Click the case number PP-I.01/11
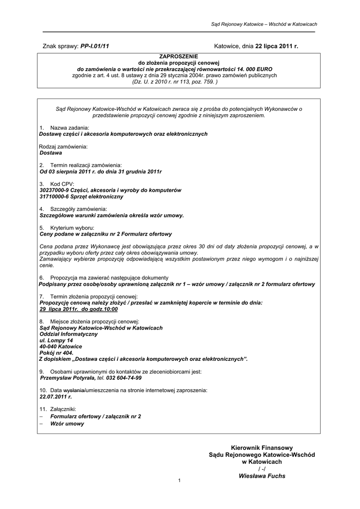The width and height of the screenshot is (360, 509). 94,46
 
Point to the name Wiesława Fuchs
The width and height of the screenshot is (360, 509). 262,476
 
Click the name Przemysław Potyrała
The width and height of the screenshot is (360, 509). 68,378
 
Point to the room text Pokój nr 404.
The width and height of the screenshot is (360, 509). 56,352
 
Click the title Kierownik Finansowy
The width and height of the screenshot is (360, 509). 262,448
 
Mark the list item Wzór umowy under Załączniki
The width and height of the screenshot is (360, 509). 67,424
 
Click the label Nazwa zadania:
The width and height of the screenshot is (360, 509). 70,128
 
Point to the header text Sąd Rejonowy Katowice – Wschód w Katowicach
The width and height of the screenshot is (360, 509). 264,24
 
